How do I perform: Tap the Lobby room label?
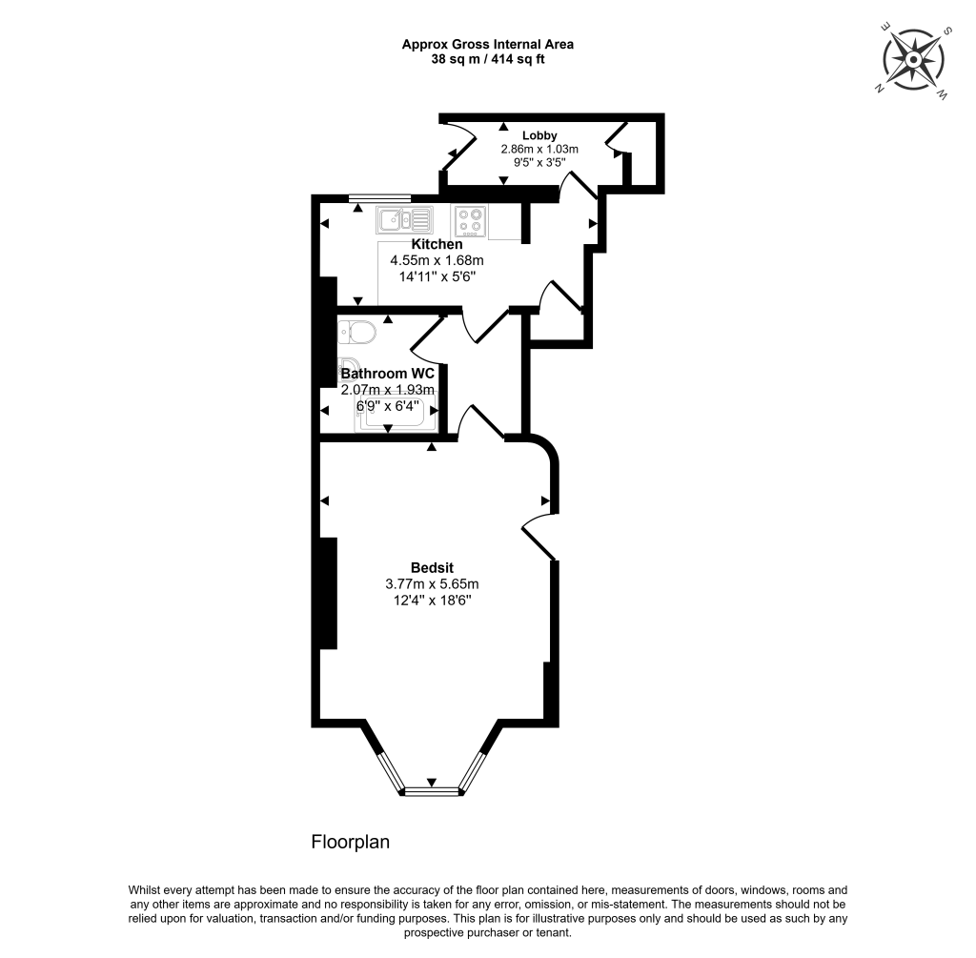click(539, 135)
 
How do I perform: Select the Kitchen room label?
click(437, 245)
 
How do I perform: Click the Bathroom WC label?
click(387, 373)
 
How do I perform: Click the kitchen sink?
click(404, 220)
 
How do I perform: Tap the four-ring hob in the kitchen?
click(470, 221)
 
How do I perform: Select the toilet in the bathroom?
click(358, 333)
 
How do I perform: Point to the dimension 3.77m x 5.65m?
click(431, 583)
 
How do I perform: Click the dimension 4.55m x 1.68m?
click(437, 260)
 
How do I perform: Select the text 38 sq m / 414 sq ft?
click(487, 59)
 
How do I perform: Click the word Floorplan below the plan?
click(351, 843)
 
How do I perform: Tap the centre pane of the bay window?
click(431, 789)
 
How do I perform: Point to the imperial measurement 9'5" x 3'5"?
click(539, 162)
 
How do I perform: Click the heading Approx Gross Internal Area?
click(487, 44)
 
